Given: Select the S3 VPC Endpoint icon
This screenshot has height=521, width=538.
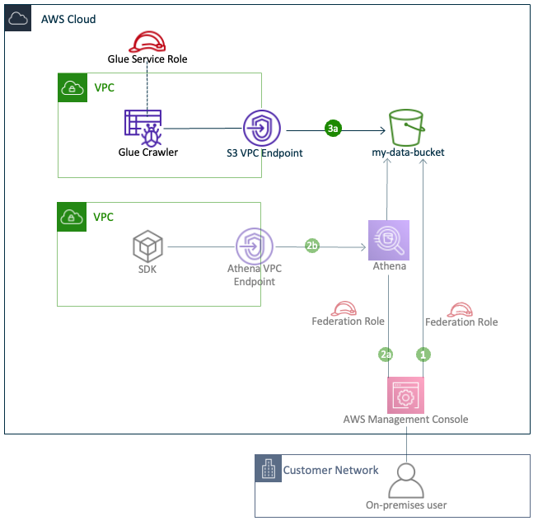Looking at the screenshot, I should pyautogui.click(x=262, y=129).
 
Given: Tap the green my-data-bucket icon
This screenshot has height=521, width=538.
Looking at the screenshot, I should pyautogui.click(x=409, y=128).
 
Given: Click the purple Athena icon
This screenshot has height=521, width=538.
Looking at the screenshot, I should pyautogui.click(x=389, y=240).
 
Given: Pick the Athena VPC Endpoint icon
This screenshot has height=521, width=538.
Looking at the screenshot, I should pyautogui.click(x=255, y=246).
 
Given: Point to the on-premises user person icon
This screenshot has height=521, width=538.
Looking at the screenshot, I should pyautogui.click(x=405, y=479).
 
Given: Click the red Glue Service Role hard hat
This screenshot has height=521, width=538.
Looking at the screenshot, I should pyautogui.click(x=147, y=42).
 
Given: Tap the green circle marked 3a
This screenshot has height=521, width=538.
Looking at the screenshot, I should pyautogui.click(x=333, y=129).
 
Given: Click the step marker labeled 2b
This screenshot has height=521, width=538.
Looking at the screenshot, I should pyautogui.click(x=312, y=246).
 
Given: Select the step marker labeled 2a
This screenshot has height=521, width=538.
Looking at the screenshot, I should pyautogui.click(x=386, y=354).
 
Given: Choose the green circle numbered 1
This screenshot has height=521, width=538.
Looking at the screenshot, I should pyautogui.click(x=423, y=354).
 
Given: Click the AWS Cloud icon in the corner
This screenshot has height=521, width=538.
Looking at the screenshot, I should pyautogui.click(x=18, y=18).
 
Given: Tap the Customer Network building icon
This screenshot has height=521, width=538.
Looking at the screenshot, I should pyautogui.click(x=267, y=470).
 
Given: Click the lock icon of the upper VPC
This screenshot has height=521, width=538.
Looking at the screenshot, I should pyautogui.click(x=72, y=87).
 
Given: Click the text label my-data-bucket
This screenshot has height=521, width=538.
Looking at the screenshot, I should pyautogui.click(x=409, y=153).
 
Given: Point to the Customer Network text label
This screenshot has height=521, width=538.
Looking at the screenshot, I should pyautogui.click(x=331, y=470).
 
